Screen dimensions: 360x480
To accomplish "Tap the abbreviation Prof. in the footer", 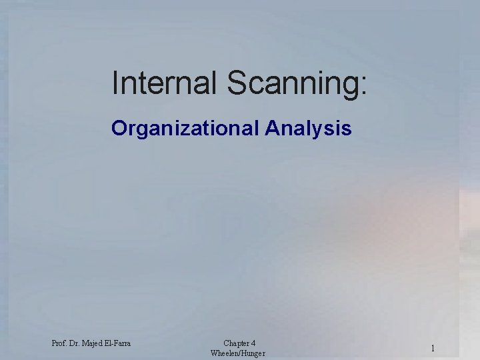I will point(59,343).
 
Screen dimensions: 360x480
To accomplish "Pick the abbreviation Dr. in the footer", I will point(75,343).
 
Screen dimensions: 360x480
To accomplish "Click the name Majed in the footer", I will point(94,343).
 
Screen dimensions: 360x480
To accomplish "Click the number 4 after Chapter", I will point(253,343).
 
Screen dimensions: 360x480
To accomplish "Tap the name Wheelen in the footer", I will point(224,353).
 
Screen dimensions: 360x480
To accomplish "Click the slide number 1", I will point(433,348).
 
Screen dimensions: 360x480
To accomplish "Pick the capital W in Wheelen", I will point(213,353).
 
